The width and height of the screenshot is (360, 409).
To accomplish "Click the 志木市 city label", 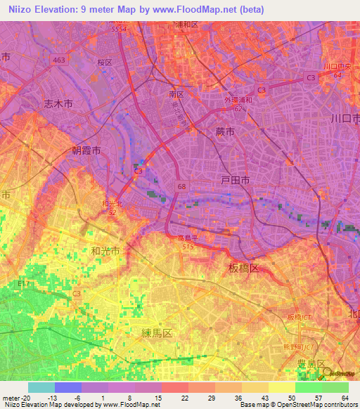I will [58, 103].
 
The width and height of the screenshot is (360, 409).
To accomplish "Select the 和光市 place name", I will [105, 250].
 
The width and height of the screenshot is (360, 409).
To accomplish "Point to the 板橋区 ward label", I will [244, 268].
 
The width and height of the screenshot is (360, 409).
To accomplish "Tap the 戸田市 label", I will [236, 181].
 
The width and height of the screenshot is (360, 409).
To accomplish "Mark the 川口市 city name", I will [345, 117].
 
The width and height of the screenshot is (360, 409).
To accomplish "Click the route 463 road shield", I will [59, 60].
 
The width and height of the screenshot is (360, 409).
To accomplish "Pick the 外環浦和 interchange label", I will [238, 101].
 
